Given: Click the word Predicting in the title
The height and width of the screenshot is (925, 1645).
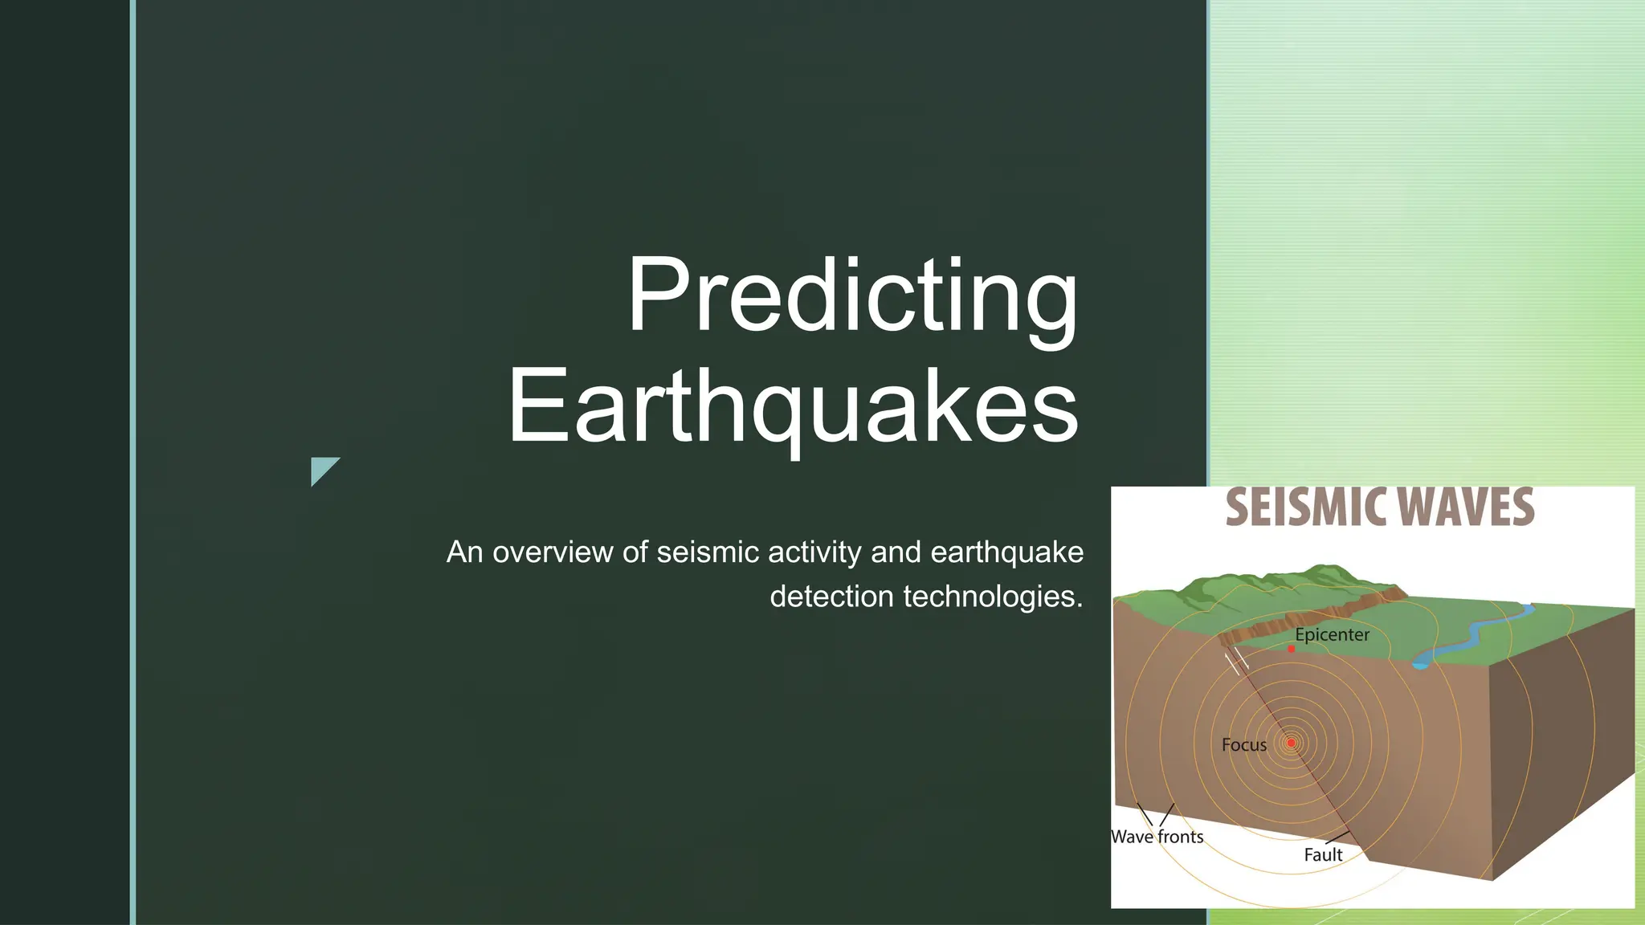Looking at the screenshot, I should point(853,295).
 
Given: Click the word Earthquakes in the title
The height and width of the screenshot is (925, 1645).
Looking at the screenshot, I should point(794,405).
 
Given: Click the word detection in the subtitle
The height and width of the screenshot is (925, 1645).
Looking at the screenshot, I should point(831,597).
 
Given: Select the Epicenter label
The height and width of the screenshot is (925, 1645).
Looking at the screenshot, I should point(1332,634).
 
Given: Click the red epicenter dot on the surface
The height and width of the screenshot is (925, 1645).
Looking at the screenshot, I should point(1292,649).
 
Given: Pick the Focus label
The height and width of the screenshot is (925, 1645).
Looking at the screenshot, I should point(1243,745).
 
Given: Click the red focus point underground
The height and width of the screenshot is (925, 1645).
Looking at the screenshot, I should point(1291,743).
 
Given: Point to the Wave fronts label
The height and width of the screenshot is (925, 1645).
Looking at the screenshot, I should point(1157,837).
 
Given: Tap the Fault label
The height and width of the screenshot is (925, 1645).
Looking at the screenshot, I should point(1322,855).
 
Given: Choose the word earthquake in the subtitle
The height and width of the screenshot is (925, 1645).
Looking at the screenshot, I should point(1006,552).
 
